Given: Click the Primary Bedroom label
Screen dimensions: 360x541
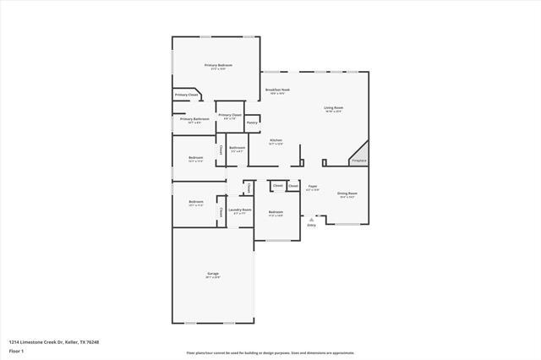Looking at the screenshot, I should tap(218, 65).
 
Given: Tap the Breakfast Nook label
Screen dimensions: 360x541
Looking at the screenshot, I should tap(277, 90).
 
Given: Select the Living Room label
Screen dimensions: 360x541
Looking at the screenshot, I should tap(333, 107).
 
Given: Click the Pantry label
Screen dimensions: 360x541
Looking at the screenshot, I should tap(252, 123).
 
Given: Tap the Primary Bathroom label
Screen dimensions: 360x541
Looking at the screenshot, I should tap(194, 119).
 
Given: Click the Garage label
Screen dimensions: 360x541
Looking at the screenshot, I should tap(213, 275).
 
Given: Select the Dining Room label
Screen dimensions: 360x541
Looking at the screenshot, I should tap(347, 194).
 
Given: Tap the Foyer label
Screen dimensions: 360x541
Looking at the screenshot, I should tap(312, 186).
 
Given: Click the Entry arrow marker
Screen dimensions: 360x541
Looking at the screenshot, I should tap(311, 217).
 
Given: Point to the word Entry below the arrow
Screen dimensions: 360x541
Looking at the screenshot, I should tap(311, 225).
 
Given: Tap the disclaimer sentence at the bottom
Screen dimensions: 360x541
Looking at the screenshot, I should tap(270, 352).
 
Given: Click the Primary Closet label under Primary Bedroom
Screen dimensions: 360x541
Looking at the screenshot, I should tap(187, 95).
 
